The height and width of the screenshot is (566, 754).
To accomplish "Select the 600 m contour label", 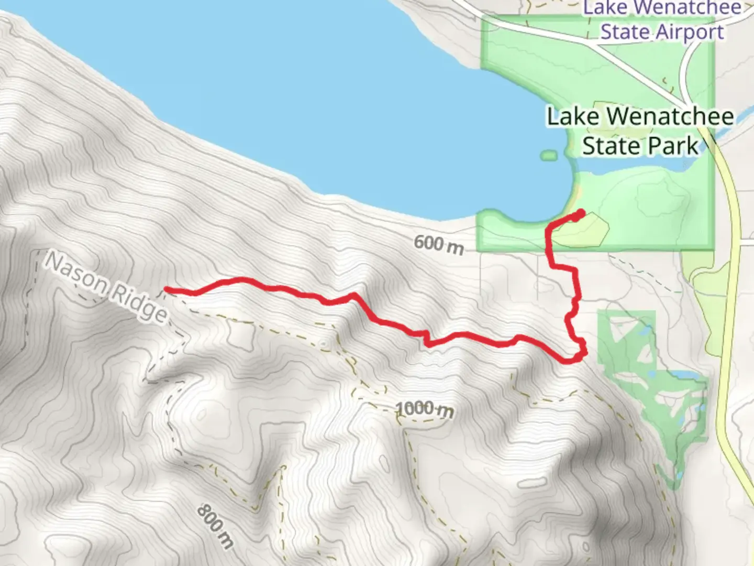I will (x=438, y=244).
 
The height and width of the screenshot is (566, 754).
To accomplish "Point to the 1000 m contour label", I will (x=425, y=409).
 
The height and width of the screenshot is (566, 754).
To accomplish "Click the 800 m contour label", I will (x=215, y=526).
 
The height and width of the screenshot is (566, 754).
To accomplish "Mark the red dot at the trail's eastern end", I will (x=580, y=214).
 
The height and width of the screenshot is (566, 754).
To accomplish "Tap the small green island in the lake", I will (x=548, y=155).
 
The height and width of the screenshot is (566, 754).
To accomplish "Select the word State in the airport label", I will (x=625, y=32).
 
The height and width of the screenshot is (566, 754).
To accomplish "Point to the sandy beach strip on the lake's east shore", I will (x=576, y=194).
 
